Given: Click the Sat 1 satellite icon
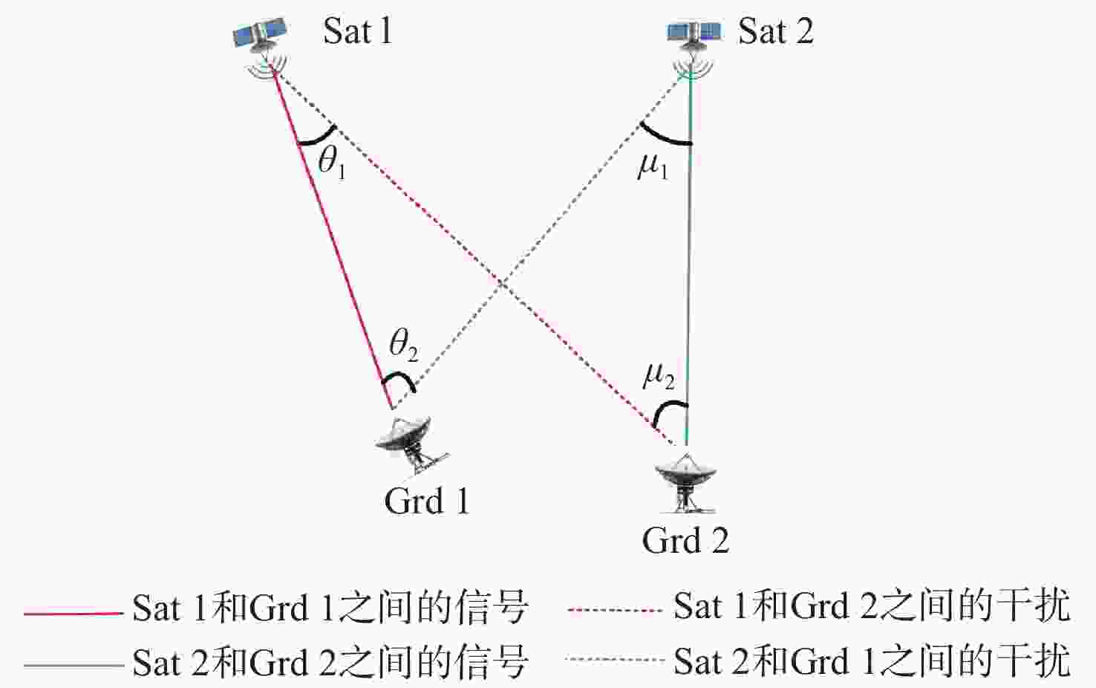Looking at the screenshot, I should pos(261,37).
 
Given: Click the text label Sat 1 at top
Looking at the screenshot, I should pos(357,31).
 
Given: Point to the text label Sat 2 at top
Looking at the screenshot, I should pos(775,31).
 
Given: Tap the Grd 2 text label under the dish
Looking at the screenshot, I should pos(685,540).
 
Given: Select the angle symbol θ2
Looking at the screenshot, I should pos(403,344).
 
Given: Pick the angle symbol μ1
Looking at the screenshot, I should pos(653,166).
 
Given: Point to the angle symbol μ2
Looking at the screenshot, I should pos(658,376).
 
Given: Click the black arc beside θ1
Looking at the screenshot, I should pos(318,137).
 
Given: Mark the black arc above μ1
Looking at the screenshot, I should pos(663,136).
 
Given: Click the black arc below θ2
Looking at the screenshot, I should pos(399,380).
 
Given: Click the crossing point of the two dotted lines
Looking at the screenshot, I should pos(502,282).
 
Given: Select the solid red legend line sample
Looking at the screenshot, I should pos(73,613).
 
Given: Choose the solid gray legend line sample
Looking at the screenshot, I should pos(73,664).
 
